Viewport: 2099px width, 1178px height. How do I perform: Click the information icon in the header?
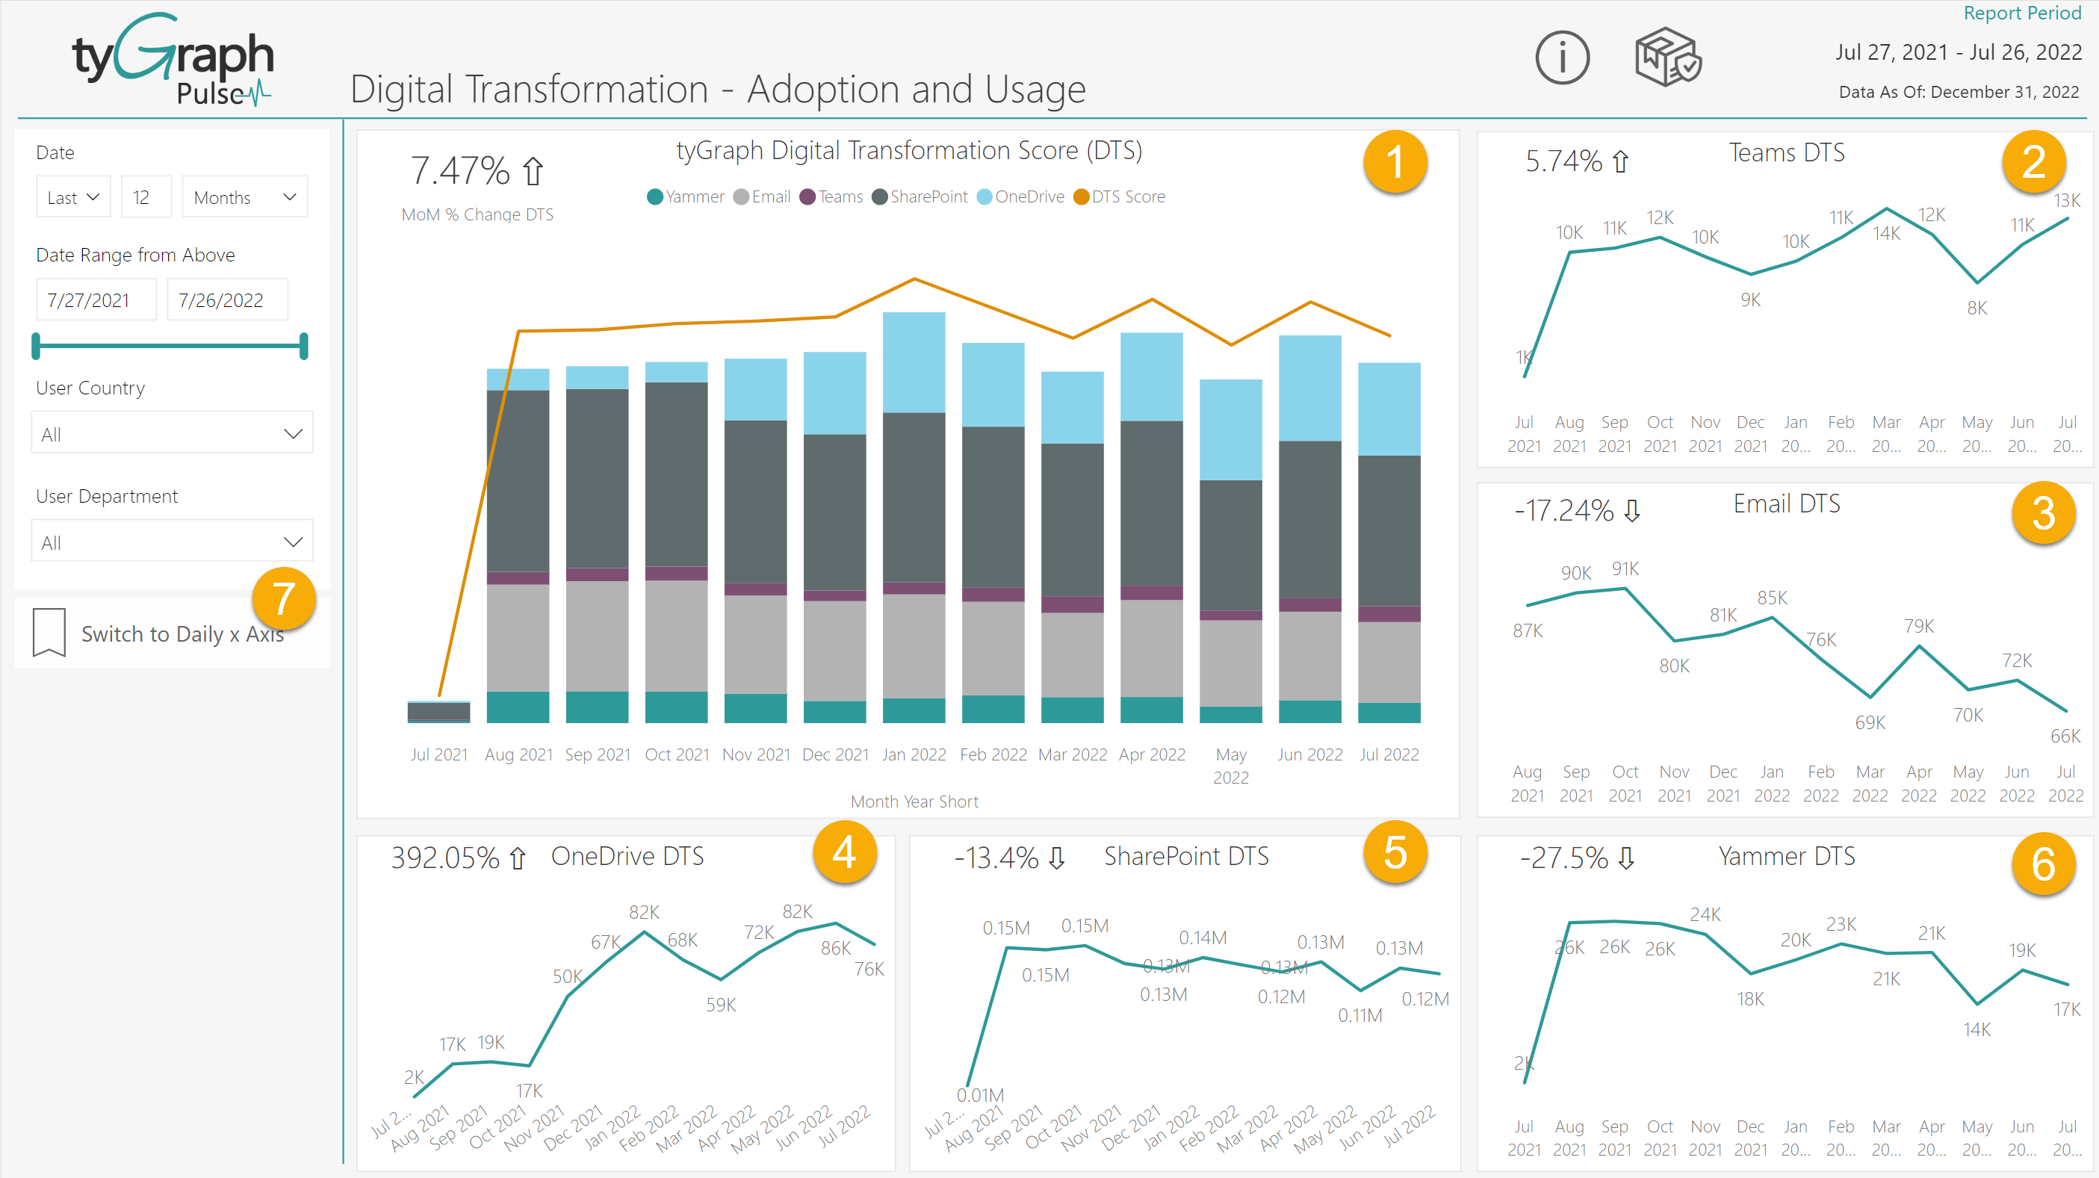tap(1561, 58)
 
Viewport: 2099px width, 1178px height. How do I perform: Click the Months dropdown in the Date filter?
tap(244, 197)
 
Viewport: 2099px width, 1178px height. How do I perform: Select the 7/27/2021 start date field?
tap(96, 300)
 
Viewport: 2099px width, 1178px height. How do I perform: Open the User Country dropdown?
tap(171, 433)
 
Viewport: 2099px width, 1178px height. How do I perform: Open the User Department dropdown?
tap(171, 542)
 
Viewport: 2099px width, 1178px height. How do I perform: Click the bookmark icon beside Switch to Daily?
tap(49, 632)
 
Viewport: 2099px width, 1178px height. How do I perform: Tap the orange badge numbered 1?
tap(1394, 161)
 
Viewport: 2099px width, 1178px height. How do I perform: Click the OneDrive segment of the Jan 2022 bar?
tap(914, 362)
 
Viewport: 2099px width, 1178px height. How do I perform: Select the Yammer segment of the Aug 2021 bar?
tap(518, 707)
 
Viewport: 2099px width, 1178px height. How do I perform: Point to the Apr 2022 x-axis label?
tap(1151, 754)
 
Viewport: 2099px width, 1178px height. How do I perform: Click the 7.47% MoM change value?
tap(460, 171)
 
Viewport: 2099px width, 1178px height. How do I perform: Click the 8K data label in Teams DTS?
tap(1976, 309)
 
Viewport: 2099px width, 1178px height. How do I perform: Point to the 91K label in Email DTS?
tap(1625, 568)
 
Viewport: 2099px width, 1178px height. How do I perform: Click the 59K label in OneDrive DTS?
tap(720, 1005)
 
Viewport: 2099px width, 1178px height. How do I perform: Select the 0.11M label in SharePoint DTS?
tap(1359, 1016)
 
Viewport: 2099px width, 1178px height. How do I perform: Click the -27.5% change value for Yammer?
tap(1563, 858)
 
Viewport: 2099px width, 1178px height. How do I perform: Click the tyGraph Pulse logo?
tap(174, 61)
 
